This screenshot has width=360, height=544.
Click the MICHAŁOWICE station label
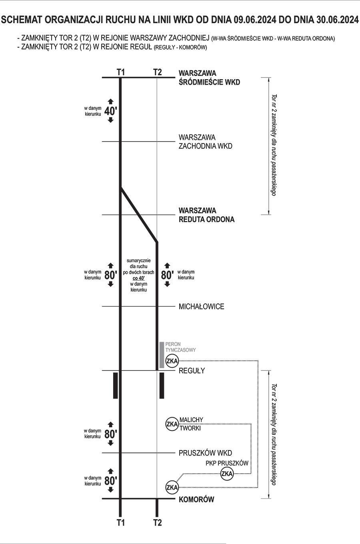[x=201, y=307]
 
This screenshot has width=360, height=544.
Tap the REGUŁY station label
[x=192, y=371]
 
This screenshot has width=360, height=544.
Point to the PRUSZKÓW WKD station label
[x=206, y=453]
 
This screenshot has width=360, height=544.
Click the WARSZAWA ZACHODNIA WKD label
[x=206, y=141]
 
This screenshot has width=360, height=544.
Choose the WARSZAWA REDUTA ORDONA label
[x=207, y=215]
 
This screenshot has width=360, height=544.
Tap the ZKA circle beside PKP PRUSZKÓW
[x=227, y=474]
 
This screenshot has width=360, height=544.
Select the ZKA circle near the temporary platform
[x=172, y=361]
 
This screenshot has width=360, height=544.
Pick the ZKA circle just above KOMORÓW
[x=172, y=487]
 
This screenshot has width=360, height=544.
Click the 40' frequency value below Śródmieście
[x=111, y=111]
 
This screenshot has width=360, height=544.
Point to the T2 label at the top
[x=157, y=72]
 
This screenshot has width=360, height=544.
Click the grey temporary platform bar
[x=162, y=355]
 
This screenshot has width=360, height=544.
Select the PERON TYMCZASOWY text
[x=180, y=347]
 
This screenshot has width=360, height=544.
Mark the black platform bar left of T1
[x=116, y=385]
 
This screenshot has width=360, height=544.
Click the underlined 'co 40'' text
[x=138, y=278]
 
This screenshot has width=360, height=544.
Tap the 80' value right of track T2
[x=167, y=275]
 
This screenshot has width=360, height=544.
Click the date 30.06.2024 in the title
[x=338, y=20]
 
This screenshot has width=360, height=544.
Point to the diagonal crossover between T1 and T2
[x=139, y=215]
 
